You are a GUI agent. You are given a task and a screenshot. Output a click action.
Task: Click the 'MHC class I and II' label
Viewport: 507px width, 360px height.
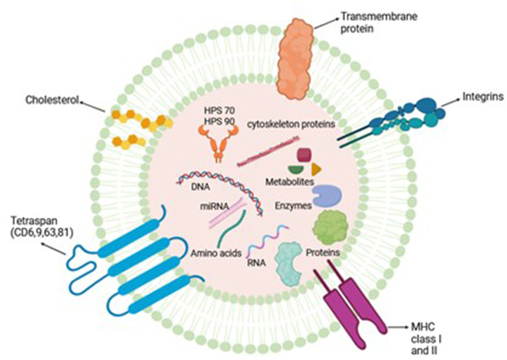pos(425,337)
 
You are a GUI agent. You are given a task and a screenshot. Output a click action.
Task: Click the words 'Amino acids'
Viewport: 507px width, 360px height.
pos(216,253)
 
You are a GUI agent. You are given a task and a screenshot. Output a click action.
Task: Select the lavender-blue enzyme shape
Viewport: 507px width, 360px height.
pos(326,195)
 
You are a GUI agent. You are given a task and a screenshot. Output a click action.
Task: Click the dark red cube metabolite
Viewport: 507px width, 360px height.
pos(305,154)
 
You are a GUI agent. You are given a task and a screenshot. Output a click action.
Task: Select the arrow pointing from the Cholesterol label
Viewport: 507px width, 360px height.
pos(94,106)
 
